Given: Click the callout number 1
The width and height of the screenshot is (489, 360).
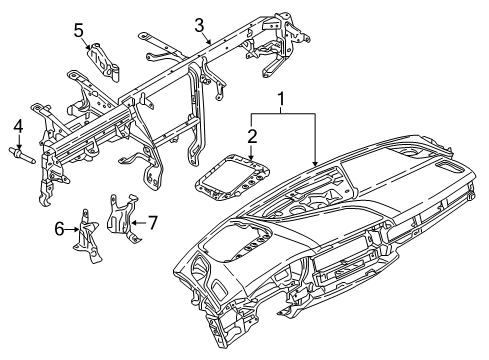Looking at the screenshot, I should pos(283,100).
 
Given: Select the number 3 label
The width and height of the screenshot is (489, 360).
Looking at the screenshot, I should pos(199,24).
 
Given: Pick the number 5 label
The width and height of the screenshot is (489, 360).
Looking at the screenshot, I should pos(79,31).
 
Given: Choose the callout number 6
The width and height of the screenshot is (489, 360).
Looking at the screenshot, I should pos(60,229).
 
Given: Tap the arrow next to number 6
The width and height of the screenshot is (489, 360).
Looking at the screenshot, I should pos(72,229).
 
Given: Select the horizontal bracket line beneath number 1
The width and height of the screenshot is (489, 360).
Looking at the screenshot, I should pos(283,114).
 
